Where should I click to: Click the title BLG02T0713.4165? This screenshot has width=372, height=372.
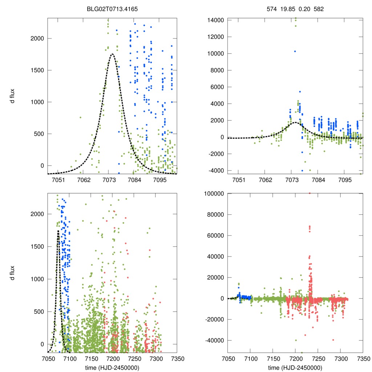pos(112,8)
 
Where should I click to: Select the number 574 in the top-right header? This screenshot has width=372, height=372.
pos(271,8)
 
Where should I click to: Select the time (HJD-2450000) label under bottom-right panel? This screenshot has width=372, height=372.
pos(295,367)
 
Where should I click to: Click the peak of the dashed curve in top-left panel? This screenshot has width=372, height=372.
pos(112,54)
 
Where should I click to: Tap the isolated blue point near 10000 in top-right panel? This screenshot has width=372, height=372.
pos(295,51)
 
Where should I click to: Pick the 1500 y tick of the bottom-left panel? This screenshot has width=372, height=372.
pos(38,247)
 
